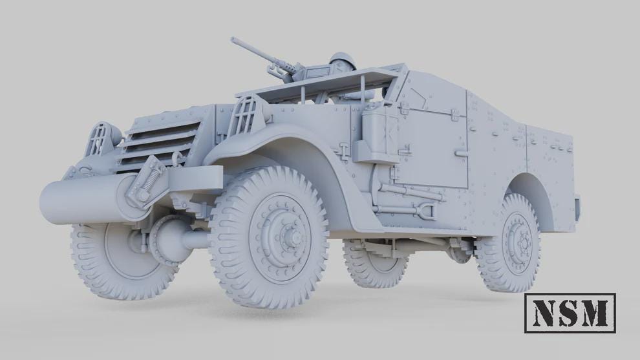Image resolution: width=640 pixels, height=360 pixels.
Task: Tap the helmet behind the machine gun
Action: tap(343, 62)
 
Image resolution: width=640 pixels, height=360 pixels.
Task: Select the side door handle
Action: tap(460, 153)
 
